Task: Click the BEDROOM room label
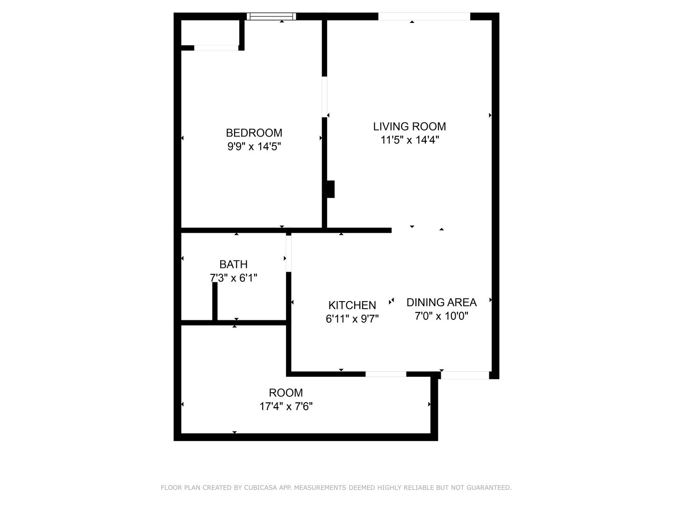pyautogui.click(x=254, y=133)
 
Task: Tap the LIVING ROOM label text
pyautogui.click(x=409, y=126)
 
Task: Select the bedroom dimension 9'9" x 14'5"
pyautogui.click(x=254, y=146)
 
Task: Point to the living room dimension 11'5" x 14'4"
pyautogui.click(x=409, y=140)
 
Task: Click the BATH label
pyautogui.click(x=233, y=264)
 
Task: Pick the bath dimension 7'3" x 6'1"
pyautogui.click(x=233, y=278)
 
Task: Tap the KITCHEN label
pyautogui.click(x=352, y=305)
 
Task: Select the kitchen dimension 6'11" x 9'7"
pyautogui.click(x=352, y=319)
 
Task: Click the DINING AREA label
pyautogui.click(x=442, y=303)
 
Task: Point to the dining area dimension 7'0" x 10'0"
pyautogui.click(x=442, y=316)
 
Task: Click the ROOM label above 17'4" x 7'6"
pyautogui.click(x=286, y=392)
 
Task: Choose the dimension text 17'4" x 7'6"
pyautogui.click(x=286, y=407)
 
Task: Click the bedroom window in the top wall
pyautogui.click(x=272, y=16)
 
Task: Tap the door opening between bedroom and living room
pyautogui.click(x=324, y=97)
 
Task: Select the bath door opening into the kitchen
pyautogui.click(x=288, y=254)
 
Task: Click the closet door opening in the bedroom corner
pyautogui.click(x=216, y=48)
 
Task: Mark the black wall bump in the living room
pyautogui.click(x=330, y=189)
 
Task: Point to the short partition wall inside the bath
pyautogui.click(x=215, y=301)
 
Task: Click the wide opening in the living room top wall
pyautogui.click(x=424, y=16)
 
